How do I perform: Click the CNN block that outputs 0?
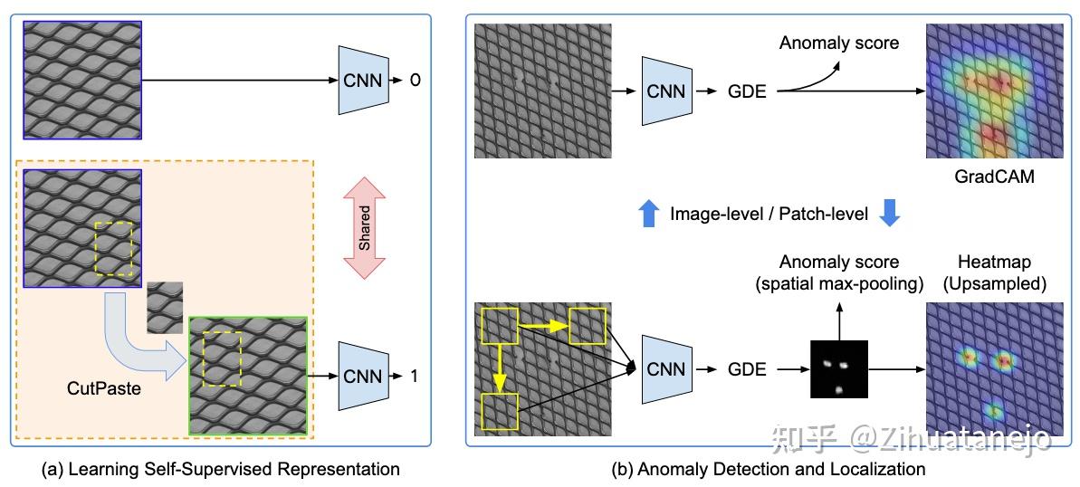tap(361, 81)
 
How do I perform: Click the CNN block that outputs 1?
tap(361, 375)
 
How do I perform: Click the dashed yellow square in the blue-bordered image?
tap(113, 248)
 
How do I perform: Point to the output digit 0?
tap(415, 81)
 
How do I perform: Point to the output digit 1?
tap(415, 375)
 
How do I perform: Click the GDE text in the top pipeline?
tap(747, 91)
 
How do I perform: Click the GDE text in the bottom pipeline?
tap(747, 368)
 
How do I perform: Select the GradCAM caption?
tap(986, 177)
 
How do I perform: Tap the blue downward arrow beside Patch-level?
tap(891, 214)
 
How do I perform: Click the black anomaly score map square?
tap(838, 369)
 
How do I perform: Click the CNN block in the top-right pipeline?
tap(665, 91)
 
